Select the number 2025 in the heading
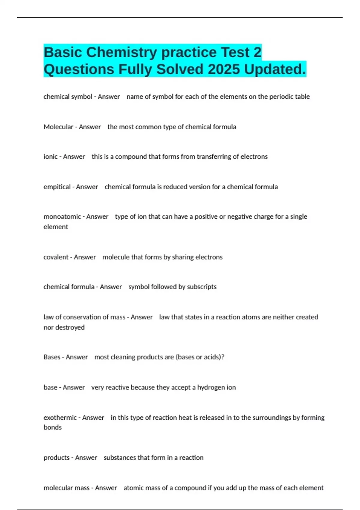[223, 69]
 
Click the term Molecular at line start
[58, 127]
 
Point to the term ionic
[50, 157]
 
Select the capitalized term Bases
[52, 357]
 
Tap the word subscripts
[202, 287]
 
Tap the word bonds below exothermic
[52, 427]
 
